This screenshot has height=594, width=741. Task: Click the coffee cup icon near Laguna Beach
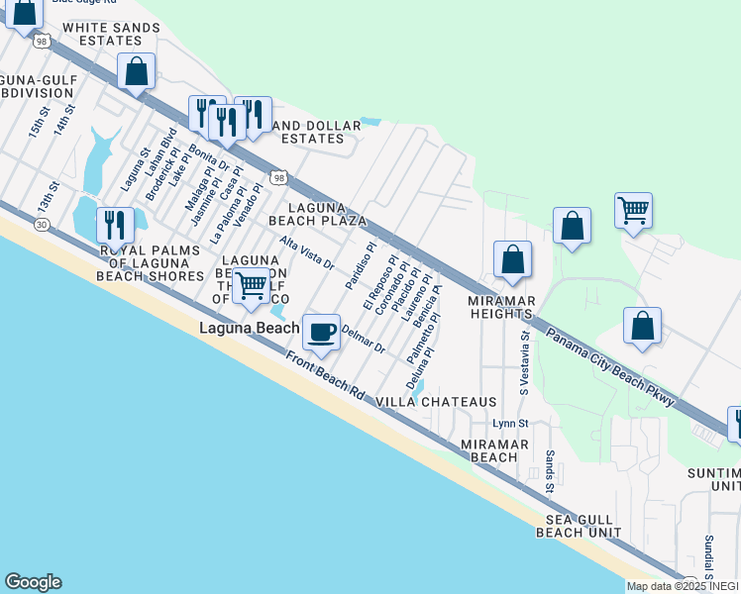tap(320, 334)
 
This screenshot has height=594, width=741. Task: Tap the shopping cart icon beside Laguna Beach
tap(252, 286)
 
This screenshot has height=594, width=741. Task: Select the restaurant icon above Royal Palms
tap(115, 226)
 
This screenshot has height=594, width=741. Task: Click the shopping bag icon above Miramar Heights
tap(512, 260)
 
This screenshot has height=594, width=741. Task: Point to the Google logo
tap(33, 582)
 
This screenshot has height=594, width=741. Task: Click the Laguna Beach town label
tap(250, 328)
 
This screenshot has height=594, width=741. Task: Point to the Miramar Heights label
tap(502, 307)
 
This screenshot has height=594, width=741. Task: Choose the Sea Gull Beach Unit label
tap(580, 526)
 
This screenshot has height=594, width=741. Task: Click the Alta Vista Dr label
tap(306, 253)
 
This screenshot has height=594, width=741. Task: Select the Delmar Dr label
tap(363, 341)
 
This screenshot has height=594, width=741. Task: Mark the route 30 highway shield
tap(42, 225)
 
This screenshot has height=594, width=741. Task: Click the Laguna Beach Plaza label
tap(304, 213)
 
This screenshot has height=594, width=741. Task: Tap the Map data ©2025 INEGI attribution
tap(683, 586)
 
